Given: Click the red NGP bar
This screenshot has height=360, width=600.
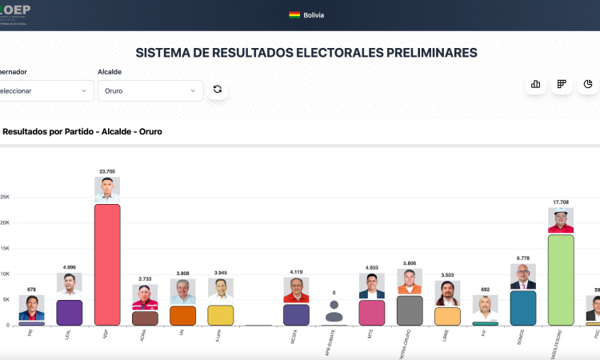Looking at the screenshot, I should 107,264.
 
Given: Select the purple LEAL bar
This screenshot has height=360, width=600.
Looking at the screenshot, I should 69,312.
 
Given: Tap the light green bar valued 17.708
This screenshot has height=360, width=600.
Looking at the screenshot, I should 561,279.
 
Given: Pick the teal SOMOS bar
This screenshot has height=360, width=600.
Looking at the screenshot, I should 522,307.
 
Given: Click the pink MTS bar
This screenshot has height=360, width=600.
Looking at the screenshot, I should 372,312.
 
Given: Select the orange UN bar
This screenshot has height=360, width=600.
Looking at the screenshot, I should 182,315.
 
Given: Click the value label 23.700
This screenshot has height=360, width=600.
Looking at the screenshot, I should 107,171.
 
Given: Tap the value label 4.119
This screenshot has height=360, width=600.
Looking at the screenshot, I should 296,271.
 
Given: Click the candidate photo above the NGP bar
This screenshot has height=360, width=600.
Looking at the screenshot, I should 107,190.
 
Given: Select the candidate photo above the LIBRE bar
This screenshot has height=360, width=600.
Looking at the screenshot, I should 447,293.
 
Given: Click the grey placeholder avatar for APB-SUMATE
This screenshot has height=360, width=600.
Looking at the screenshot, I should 334,311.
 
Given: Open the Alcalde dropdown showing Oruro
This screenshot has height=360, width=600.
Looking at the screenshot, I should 150,90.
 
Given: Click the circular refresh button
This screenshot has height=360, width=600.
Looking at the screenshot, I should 217,90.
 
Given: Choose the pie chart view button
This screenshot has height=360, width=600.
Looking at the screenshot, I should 588,84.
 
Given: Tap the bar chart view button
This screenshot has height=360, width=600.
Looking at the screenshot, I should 535,84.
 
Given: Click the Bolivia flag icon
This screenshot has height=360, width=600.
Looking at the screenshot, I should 294,15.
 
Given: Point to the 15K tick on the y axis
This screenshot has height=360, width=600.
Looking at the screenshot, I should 5,248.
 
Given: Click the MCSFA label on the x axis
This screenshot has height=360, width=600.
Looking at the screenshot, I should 294,338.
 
